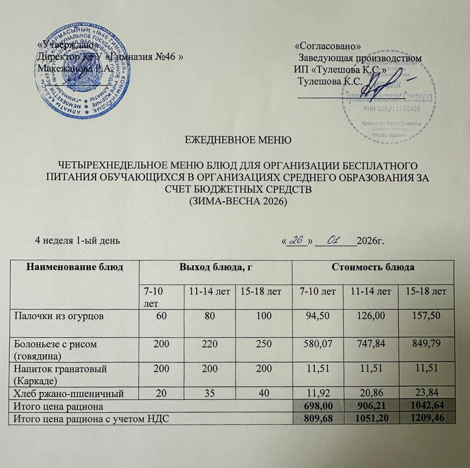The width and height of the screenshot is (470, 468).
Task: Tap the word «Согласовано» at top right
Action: (328, 46)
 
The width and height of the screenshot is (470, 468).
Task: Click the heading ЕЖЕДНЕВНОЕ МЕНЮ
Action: (238, 140)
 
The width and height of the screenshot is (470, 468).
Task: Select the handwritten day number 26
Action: (296, 240)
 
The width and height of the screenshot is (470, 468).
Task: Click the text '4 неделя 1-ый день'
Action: (77, 241)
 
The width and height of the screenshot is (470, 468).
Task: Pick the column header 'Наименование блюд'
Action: (75, 267)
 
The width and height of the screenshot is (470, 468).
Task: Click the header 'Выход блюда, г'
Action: (215, 267)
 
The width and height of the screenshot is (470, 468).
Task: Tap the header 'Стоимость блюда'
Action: (373, 267)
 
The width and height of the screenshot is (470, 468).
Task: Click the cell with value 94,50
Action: (318, 315)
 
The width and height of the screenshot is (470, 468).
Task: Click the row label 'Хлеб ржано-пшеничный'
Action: (69, 394)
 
